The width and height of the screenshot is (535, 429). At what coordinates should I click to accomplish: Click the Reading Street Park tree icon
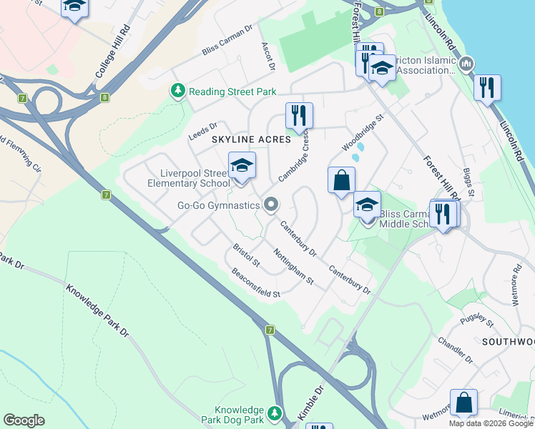[x=177, y=91]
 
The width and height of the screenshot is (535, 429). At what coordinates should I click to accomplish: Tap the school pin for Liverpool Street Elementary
[x=242, y=167]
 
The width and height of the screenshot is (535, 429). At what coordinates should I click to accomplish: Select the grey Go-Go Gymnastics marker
[x=270, y=206]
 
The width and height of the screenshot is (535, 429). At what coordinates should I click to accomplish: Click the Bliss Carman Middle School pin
[x=367, y=206]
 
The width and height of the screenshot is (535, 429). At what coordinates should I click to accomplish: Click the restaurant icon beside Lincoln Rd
[x=487, y=88]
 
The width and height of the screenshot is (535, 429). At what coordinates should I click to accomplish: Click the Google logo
[x=24, y=420]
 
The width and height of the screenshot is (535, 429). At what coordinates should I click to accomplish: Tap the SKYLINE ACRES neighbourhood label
[x=250, y=139]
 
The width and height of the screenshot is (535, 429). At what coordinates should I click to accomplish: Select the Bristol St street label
[x=247, y=257]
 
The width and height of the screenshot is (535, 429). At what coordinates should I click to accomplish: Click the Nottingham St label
[x=294, y=266]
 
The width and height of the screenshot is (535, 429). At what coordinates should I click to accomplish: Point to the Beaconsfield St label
[x=255, y=283]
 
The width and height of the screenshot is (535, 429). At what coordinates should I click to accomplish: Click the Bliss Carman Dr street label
[x=227, y=41]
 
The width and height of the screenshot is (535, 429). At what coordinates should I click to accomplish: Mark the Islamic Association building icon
[x=466, y=64]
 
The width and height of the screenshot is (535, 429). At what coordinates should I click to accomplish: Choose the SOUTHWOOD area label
[x=507, y=342]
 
